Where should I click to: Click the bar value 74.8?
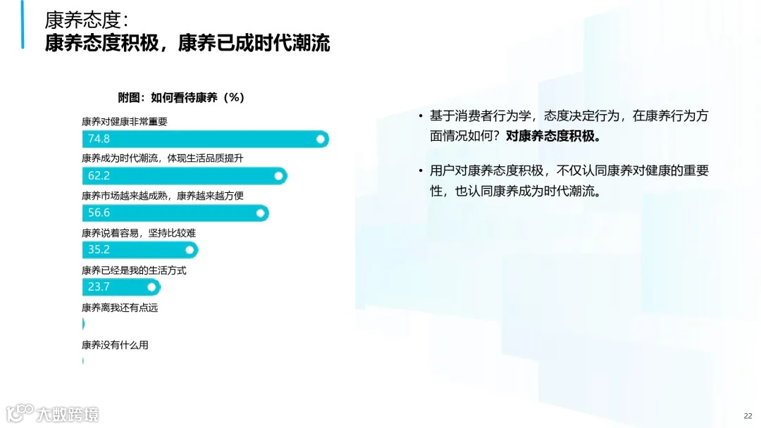[99, 139]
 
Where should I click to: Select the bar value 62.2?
[99, 175]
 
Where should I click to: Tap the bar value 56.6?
[99, 213]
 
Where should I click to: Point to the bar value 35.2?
[99, 249]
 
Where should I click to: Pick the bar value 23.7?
[99, 287]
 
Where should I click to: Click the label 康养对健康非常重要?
[125, 121]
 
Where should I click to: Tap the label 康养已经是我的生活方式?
[134, 270]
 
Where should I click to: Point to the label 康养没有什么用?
[115, 345]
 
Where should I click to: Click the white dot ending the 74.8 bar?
[321, 139]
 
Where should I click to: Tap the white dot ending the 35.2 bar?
[190, 249]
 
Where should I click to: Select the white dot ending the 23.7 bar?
[152, 287]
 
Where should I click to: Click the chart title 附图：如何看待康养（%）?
[181, 98]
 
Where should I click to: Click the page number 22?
[748, 415]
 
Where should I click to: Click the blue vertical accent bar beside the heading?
[23, 25]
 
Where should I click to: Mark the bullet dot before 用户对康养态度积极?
[421, 171]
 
